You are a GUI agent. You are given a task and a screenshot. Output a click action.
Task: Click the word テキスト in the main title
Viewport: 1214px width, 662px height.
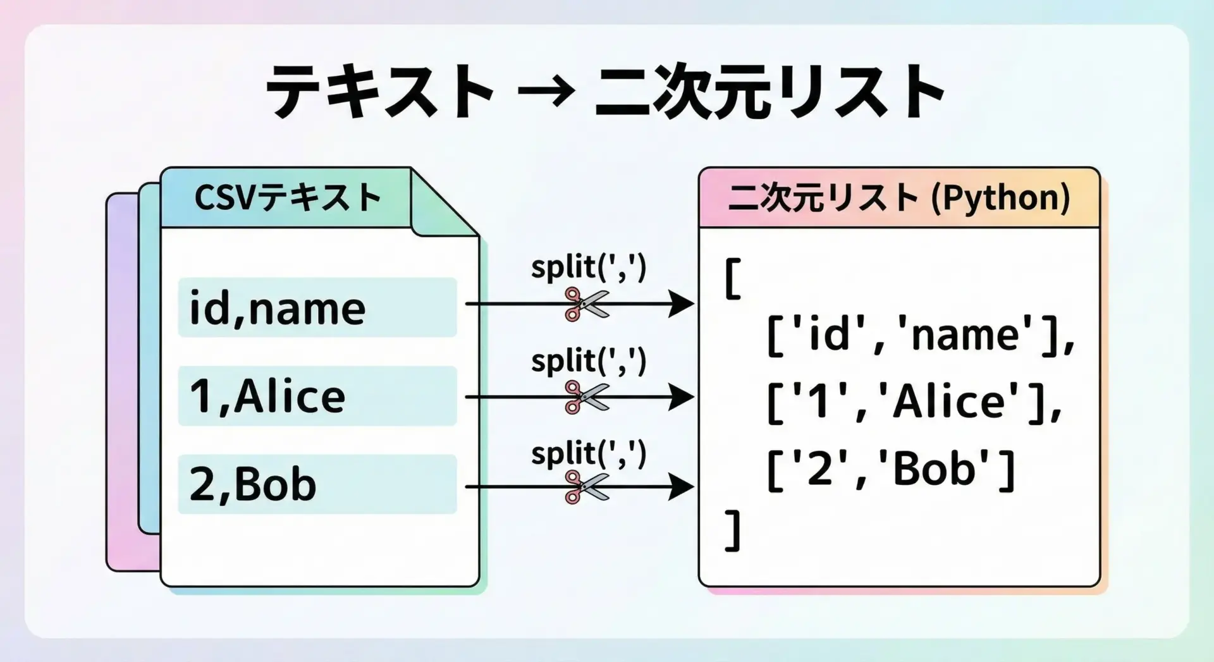(x=379, y=92)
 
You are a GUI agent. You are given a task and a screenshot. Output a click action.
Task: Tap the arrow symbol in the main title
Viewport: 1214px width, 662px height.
(x=545, y=92)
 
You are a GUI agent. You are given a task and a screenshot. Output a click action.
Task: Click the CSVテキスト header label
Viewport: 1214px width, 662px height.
(x=288, y=197)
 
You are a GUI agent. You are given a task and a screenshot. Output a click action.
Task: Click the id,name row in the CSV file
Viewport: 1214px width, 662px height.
(x=317, y=308)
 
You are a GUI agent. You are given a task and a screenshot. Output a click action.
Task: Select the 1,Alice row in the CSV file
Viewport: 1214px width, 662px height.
(x=317, y=396)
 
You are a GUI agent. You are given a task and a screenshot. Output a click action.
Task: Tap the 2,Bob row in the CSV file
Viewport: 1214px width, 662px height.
(x=317, y=484)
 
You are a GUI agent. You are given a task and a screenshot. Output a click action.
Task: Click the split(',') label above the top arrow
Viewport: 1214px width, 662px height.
(x=588, y=267)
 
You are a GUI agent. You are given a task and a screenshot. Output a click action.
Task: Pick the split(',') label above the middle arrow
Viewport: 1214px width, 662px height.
(x=588, y=360)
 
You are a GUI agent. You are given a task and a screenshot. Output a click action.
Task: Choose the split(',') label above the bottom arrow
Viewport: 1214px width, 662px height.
(x=588, y=453)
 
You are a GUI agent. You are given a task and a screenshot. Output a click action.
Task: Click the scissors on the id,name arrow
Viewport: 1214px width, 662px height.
(x=586, y=304)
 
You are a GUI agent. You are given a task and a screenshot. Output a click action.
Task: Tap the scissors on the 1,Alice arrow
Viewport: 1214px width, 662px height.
(x=586, y=397)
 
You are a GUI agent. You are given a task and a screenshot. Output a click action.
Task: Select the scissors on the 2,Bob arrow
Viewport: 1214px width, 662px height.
(x=586, y=487)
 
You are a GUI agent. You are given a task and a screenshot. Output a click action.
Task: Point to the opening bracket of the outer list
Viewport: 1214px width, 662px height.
(x=733, y=278)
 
